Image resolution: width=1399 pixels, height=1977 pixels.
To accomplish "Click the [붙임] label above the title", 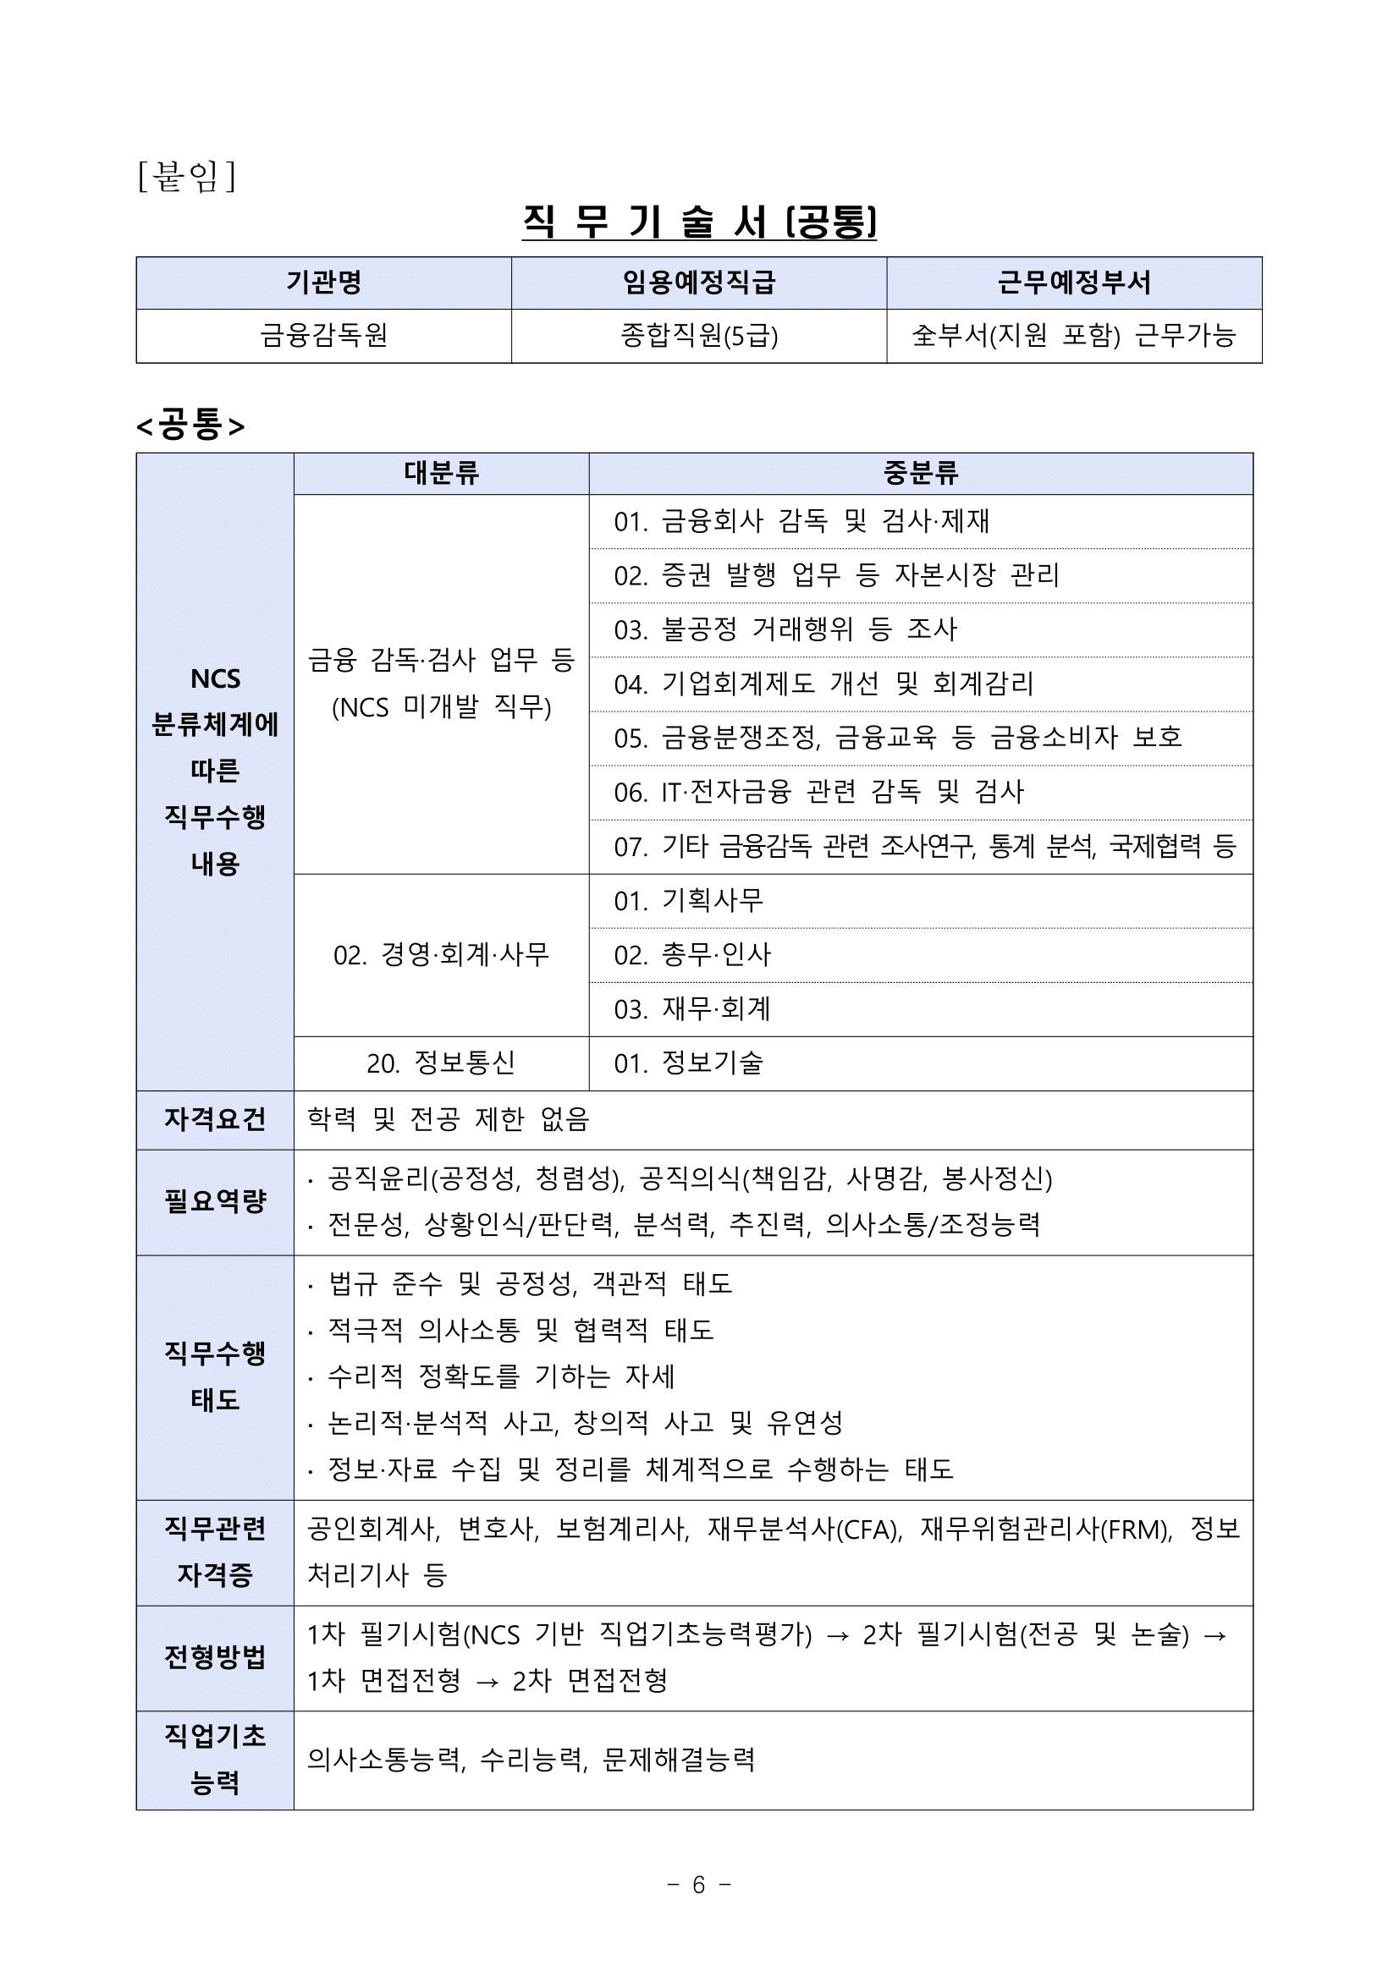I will coord(186,177).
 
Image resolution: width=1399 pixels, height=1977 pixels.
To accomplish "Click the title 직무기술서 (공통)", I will coord(698,222).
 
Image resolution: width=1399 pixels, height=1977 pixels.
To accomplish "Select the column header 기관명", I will coord(323,283).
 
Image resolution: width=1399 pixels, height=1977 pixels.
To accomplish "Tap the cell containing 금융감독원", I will coord(323,335).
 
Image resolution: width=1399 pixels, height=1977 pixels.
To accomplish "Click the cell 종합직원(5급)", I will coord(698,335).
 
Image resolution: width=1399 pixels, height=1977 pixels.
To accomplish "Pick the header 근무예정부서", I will coord(1073,283).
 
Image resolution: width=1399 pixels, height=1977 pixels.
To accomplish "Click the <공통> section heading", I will coord(190,426).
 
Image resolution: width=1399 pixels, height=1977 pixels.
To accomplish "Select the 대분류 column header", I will coord(441,473).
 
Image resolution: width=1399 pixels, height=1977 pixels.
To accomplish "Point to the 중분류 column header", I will coord(920,473).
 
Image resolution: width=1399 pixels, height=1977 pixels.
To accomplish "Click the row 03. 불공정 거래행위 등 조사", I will coord(785,629).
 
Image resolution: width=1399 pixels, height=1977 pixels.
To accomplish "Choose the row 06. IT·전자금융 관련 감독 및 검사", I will coord(818,792).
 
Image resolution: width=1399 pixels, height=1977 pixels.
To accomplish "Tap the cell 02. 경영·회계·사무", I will coord(441,955).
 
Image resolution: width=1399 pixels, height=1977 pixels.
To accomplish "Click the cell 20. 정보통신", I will coord(441,1063).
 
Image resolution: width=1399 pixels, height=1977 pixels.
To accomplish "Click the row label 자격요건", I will coord(214,1119).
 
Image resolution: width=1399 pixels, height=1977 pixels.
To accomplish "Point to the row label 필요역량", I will coord(214,1201).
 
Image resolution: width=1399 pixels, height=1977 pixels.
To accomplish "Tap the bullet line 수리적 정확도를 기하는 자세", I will coord(500,1376).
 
